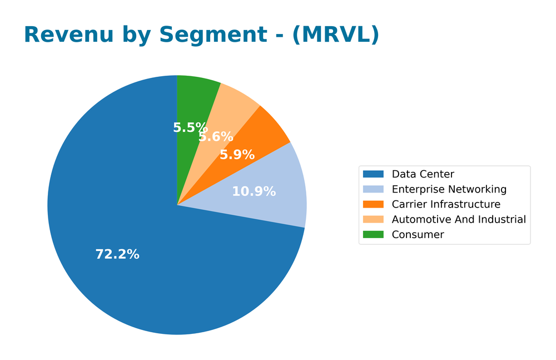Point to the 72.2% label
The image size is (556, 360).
tap(117, 254)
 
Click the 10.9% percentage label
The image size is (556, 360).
tap(254, 191)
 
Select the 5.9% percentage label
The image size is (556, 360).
tap(237, 155)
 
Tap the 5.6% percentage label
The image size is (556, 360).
tap(216, 137)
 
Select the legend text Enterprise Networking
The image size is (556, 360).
tap(449, 189)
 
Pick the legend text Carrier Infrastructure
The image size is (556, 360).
tap(446, 204)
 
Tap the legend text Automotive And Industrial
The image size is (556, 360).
tap(458, 219)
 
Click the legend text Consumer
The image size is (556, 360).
tap(418, 234)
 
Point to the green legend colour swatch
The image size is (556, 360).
tap(373, 234)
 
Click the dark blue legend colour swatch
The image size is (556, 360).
tap(373, 174)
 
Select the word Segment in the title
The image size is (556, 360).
tap(213, 34)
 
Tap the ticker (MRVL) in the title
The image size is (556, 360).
tap(336, 34)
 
